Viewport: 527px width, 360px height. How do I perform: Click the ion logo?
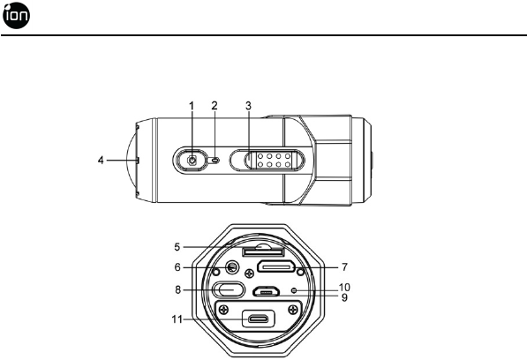pos(16,16)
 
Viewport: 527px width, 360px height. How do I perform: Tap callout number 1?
pos(192,106)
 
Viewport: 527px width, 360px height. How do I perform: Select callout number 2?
pos(215,106)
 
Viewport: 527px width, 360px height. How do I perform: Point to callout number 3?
pos(248,106)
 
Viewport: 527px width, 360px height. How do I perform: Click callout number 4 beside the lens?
pos(101,161)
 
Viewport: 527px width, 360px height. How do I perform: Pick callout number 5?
pos(177,247)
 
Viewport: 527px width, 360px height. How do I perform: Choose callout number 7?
pos(344,267)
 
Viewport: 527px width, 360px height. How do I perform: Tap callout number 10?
pos(344,288)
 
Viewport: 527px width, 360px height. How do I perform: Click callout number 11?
pos(177,319)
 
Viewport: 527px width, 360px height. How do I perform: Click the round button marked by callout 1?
pos(192,161)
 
